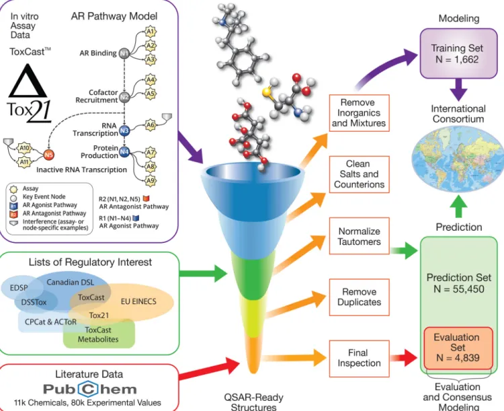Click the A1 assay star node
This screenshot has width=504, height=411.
click(x=151, y=32)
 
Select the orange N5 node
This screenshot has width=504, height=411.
click(x=48, y=155)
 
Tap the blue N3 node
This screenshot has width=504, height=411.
click(x=124, y=130)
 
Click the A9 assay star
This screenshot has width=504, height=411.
click(x=151, y=180)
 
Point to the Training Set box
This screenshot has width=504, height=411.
click(x=459, y=53)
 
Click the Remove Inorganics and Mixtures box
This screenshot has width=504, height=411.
click(x=359, y=113)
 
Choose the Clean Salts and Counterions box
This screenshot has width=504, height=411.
click(x=359, y=174)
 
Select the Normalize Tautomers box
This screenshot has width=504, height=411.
click(x=359, y=236)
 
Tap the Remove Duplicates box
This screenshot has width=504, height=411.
click(x=359, y=297)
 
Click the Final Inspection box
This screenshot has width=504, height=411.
click(x=359, y=359)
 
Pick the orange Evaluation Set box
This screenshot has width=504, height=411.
click(x=458, y=348)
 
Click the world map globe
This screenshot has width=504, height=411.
click(x=458, y=159)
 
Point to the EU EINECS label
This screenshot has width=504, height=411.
click(x=138, y=301)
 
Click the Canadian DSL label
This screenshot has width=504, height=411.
click(x=71, y=283)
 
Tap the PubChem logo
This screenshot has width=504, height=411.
click(x=90, y=389)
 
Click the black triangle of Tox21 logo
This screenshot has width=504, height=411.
click(x=28, y=81)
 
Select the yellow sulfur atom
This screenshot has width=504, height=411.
click(x=267, y=92)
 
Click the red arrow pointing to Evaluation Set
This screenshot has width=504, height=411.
click(x=404, y=358)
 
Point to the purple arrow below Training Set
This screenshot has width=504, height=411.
click(x=459, y=89)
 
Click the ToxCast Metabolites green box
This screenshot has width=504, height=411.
click(x=99, y=334)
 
